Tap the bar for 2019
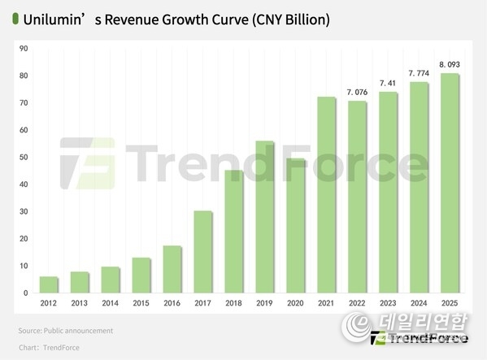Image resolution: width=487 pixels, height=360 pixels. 264,217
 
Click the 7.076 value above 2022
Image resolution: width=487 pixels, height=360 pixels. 357,91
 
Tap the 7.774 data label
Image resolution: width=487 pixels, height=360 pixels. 418,73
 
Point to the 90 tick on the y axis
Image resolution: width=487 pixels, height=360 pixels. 24,49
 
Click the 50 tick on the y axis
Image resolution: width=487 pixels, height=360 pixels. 24,158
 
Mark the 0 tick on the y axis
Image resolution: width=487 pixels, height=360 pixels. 26,293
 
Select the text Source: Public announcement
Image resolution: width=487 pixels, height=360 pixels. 65,331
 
